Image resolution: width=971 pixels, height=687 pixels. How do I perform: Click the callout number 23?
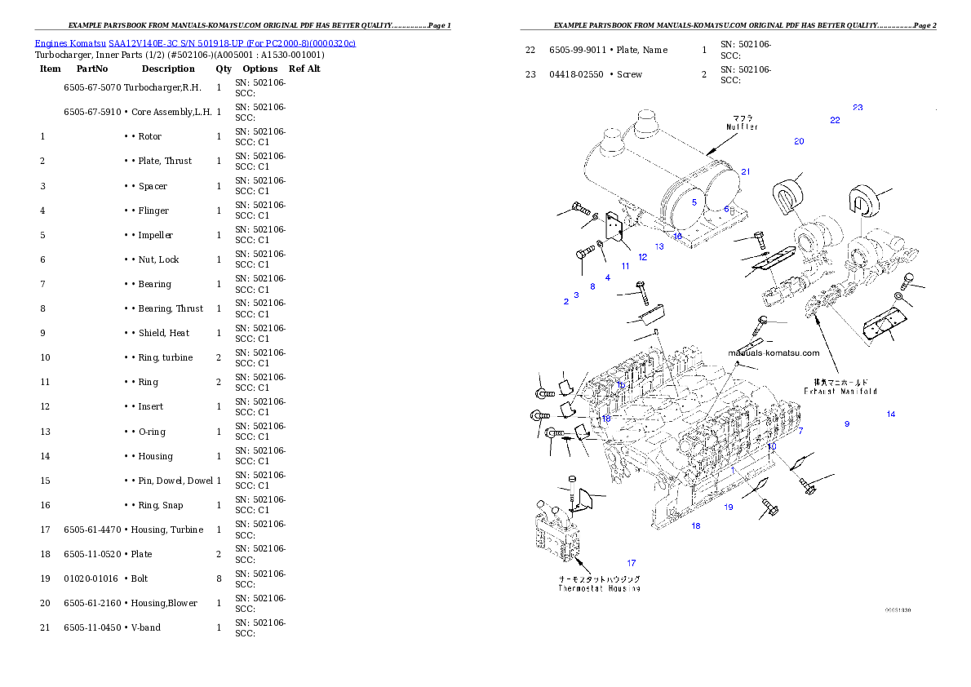(858, 108)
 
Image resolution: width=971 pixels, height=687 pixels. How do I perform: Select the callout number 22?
(835, 121)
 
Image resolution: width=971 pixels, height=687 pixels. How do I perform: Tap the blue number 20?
(799, 142)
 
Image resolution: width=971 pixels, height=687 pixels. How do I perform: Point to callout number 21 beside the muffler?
(746, 172)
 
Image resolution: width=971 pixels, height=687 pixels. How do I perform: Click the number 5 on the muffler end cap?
(694, 202)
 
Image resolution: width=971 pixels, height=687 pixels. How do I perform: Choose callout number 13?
(659, 246)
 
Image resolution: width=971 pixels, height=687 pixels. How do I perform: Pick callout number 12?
(643, 258)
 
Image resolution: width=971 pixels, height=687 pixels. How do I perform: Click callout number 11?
(625, 266)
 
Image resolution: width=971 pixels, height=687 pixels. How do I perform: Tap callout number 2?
(565, 302)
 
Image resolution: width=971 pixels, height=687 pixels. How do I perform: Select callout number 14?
(891, 414)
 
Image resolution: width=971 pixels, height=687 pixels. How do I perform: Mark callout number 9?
(847, 424)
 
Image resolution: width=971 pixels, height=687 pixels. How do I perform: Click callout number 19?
(729, 507)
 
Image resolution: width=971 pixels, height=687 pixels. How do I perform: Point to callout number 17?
(631, 563)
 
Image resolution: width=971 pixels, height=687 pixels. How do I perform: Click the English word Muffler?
(743, 127)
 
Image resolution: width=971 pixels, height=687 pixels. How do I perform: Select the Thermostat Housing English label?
(599, 588)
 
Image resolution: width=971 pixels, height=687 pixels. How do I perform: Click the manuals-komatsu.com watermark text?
(774, 353)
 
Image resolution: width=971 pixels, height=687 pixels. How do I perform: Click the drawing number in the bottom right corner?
(898, 609)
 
